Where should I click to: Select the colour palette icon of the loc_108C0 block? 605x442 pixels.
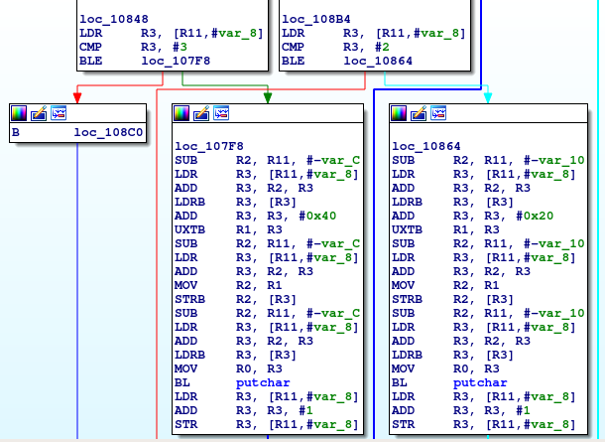pos(21,113)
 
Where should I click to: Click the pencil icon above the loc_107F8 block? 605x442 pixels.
pos(201,113)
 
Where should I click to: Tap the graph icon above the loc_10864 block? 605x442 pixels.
pos(438,113)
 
